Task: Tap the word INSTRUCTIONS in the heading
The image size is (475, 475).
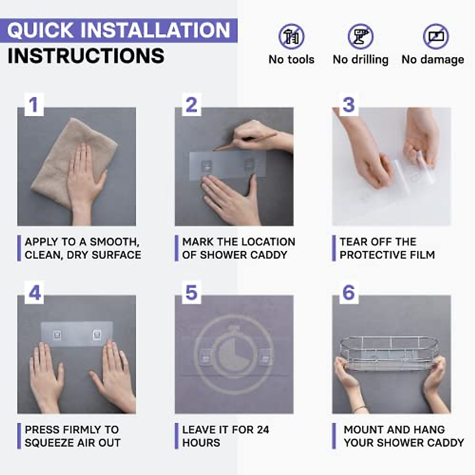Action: point(86,56)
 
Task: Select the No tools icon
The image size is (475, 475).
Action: point(291,36)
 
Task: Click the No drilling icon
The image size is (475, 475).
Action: point(360,36)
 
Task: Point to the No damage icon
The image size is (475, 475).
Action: point(436,36)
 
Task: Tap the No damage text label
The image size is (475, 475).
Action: point(433,60)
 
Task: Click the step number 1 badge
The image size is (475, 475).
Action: point(34,104)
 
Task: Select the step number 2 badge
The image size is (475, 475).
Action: point(192,104)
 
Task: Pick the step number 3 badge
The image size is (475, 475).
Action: point(349,104)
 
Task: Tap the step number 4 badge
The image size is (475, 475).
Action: point(34,293)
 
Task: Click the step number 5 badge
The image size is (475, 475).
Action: point(192,293)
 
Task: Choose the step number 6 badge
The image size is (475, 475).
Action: point(349,293)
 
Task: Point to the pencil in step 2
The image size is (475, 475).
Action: point(245,141)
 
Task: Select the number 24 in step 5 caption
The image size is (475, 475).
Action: point(263,429)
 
